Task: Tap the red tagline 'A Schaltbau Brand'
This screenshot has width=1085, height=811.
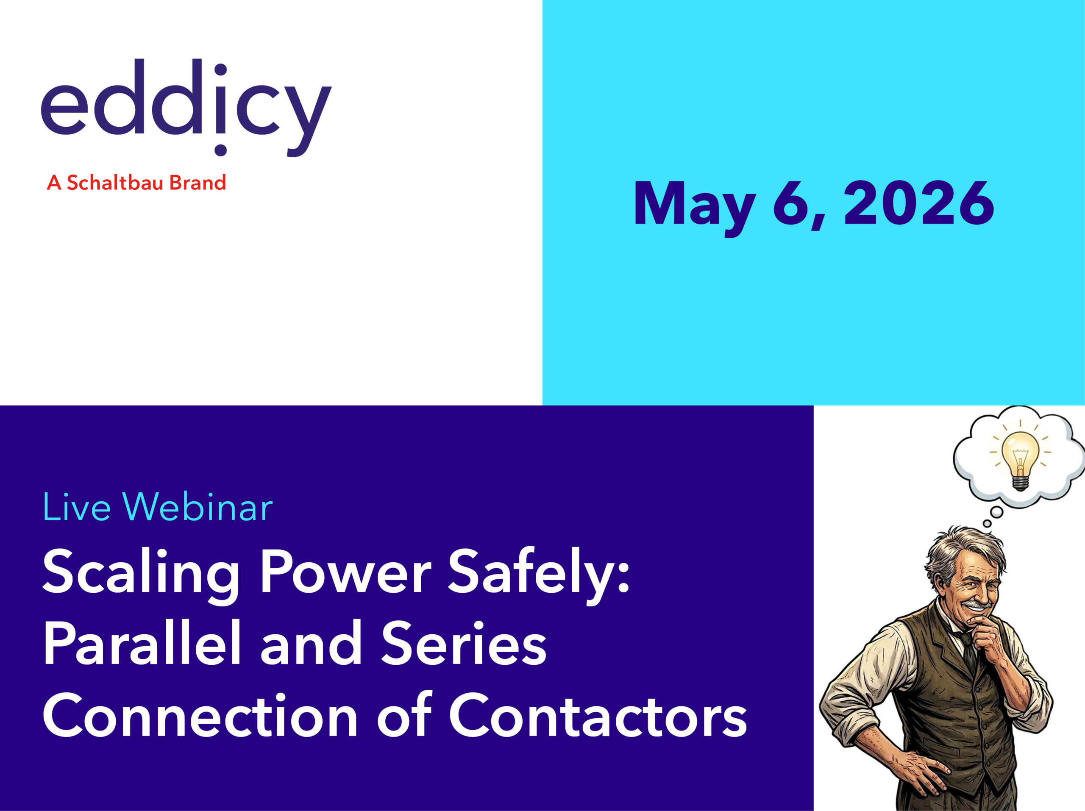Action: point(136,183)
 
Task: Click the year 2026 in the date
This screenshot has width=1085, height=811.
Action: point(918,203)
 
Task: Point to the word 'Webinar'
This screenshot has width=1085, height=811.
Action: point(198,508)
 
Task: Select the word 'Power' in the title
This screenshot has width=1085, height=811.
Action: point(345,571)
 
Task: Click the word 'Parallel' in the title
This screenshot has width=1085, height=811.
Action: point(142,643)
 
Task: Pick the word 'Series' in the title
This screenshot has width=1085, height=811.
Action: point(464,643)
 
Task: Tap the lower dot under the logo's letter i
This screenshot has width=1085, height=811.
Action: point(221,150)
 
